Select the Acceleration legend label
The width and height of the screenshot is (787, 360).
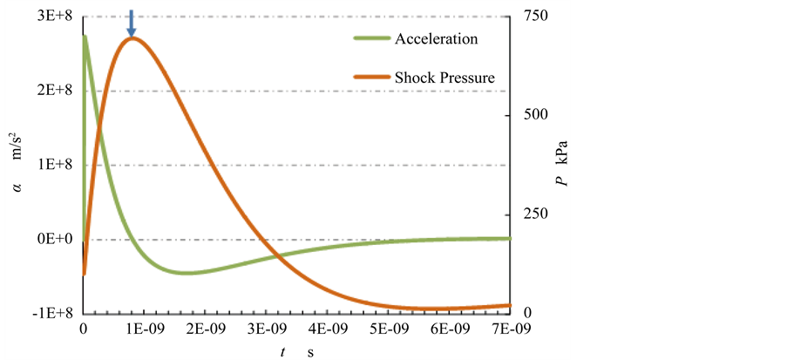[436, 39]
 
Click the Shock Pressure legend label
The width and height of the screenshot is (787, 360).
[444, 78]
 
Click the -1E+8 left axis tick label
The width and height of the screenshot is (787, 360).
[52, 313]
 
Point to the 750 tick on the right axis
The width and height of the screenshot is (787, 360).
[533, 17]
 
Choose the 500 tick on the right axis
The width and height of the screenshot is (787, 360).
[533, 115]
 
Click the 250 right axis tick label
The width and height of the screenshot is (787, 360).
[533, 214]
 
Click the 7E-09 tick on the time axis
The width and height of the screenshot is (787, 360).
[510, 329]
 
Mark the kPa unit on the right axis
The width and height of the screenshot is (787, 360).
[563, 152]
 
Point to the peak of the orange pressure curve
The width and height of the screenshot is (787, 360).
[132, 37]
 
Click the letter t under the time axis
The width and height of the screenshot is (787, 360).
[282, 350]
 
